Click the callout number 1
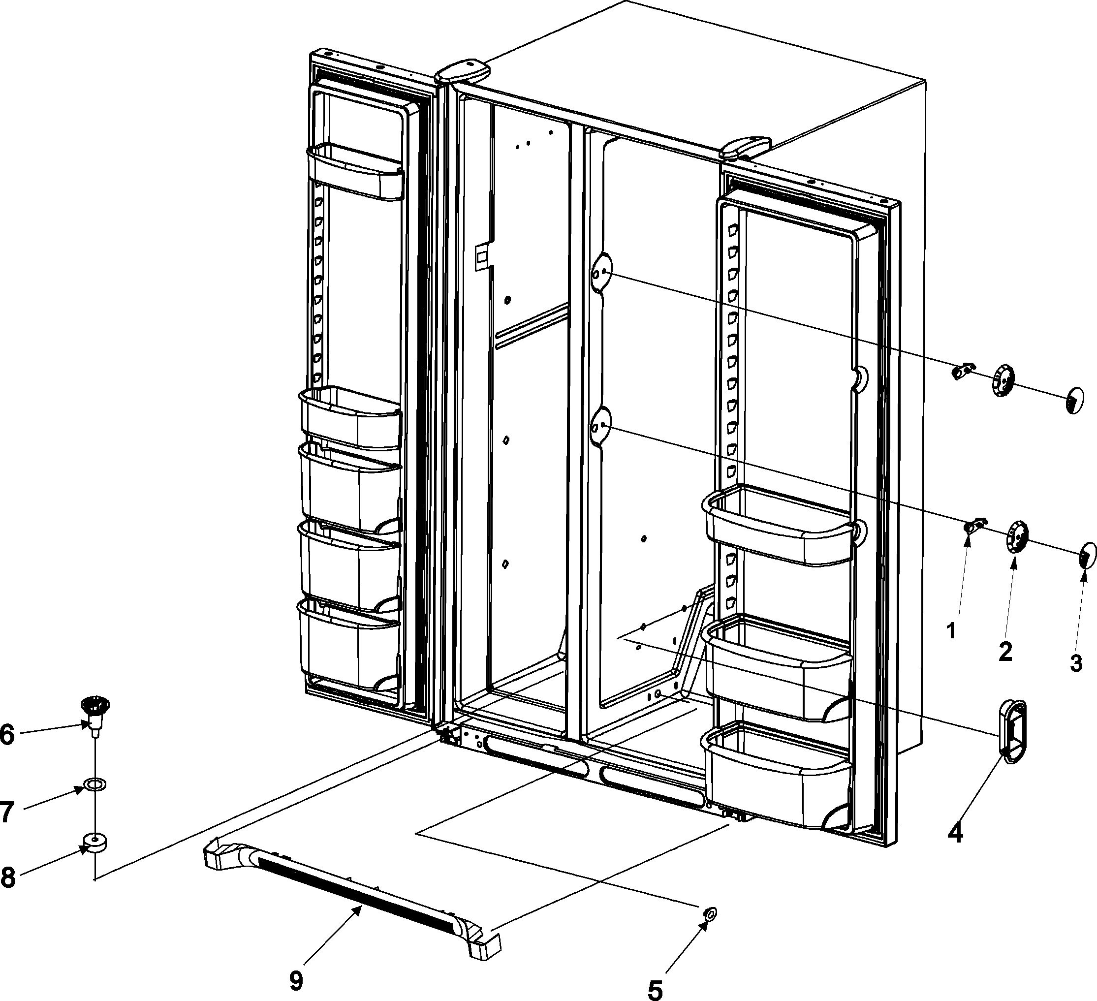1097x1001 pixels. point(951,631)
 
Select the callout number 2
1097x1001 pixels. point(1004,651)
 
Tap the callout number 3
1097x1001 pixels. point(1076,663)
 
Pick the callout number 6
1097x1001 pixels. point(7,734)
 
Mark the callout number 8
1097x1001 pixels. point(7,878)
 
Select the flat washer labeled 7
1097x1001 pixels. point(94,784)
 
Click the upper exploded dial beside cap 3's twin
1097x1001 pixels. point(1003,380)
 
